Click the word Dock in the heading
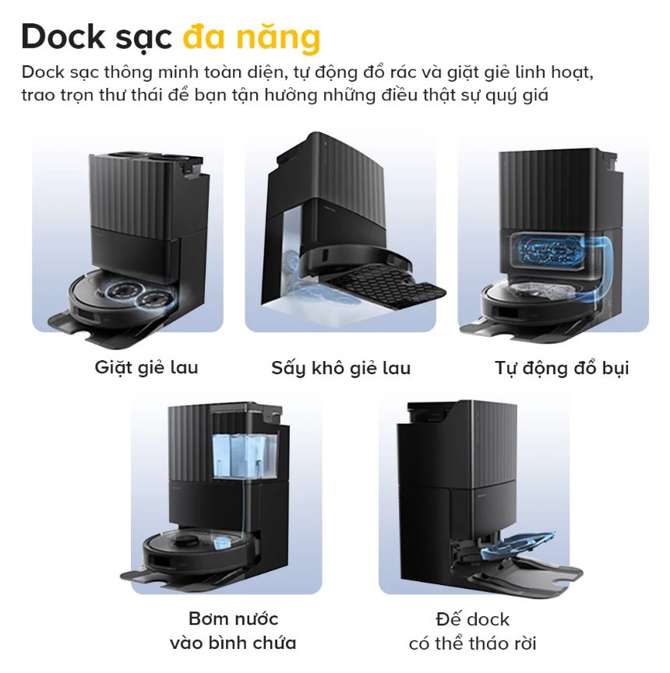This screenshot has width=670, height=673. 67,37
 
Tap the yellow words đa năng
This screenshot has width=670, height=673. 252,37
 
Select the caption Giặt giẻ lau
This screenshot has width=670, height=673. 146,367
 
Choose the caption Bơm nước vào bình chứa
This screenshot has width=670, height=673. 233,631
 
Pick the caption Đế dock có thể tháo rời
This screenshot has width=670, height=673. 473,631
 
